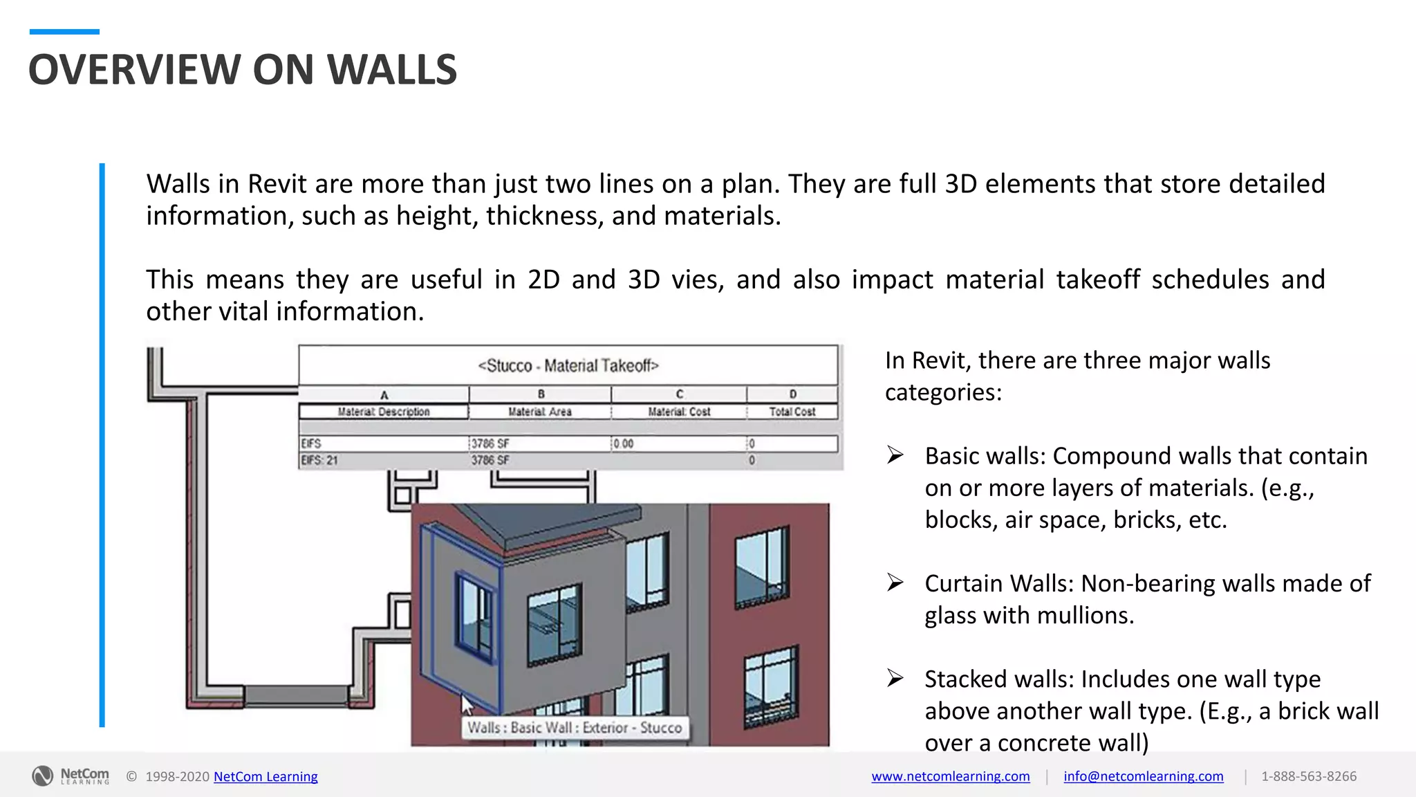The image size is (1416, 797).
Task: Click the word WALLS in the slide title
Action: tap(391, 70)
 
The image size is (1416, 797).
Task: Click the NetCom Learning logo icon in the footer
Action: tap(42, 776)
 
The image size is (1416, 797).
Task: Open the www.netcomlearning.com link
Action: tap(950, 776)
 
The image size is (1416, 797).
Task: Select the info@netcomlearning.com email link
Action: tap(1143, 776)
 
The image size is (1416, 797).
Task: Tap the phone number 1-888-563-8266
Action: tap(1308, 776)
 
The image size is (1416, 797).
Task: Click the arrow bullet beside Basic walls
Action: tap(895, 455)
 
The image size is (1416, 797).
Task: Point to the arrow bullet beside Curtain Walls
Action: tap(895, 583)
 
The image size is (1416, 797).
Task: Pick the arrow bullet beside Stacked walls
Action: tap(895, 678)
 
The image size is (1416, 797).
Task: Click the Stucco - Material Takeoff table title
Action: tap(568, 365)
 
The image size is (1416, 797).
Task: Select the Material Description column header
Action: tap(384, 412)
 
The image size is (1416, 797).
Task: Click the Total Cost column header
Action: tap(792, 412)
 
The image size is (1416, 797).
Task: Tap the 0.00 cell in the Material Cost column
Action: tap(623, 443)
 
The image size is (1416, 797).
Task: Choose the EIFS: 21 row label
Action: tap(319, 460)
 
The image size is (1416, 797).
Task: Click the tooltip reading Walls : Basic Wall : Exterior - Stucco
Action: tap(575, 728)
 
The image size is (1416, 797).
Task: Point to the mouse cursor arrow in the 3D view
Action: tap(467, 706)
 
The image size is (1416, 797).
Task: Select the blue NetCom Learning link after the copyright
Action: tap(265, 776)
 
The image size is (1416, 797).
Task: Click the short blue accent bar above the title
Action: tap(64, 32)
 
